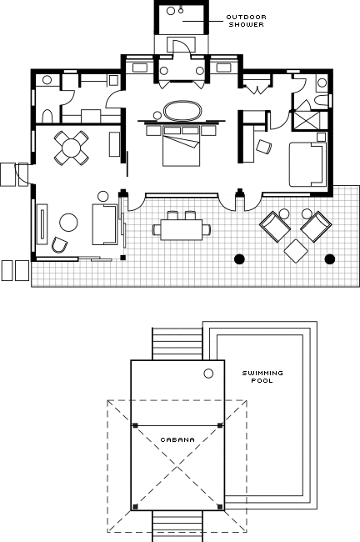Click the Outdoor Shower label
click(246, 21)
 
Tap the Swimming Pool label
click(262, 377)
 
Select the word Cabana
click(177, 439)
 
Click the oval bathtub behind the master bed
click(182, 111)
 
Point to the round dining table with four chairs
click(71, 148)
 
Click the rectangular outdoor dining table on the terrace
click(182, 229)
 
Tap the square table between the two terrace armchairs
click(296, 251)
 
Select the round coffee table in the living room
click(68, 223)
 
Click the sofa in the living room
click(105, 224)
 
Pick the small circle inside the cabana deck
click(208, 374)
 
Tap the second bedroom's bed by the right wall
click(307, 164)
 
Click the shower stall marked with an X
click(305, 120)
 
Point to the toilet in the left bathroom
click(47, 116)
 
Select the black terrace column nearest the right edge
click(330, 258)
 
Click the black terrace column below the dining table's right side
click(239, 258)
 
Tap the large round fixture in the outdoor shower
click(171, 11)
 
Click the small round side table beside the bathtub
click(157, 115)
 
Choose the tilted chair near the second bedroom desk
click(264, 147)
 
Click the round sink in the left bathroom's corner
click(47, 80)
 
